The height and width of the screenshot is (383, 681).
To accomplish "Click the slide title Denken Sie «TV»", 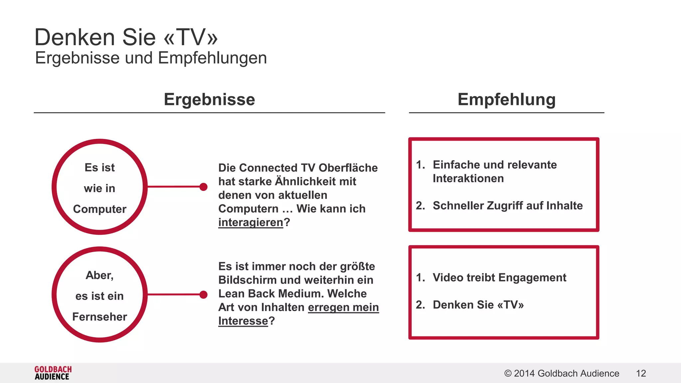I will [126, 37].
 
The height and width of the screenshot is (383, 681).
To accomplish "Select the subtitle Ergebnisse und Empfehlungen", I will [151, 58].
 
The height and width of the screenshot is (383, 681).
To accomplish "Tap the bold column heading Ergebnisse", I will [209, 99].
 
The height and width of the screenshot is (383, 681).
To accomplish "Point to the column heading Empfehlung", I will [506, 99].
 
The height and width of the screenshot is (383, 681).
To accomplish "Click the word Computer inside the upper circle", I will [100, 209].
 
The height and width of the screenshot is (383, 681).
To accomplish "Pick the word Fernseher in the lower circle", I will [100, 317].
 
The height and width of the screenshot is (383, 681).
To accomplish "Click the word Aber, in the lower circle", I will [100, 275].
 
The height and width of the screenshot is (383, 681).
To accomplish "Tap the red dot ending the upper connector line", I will [204, 187].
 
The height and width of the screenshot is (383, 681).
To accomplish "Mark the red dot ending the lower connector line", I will [204, 295].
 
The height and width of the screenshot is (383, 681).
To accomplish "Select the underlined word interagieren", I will [250, 222].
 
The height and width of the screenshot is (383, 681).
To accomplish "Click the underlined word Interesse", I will [243, 321].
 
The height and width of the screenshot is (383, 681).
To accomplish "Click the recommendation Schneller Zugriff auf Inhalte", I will [507, 206].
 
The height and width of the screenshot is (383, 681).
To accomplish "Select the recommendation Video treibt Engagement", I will [499, 278].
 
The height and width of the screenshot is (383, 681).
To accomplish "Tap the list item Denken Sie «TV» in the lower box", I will [478, 305].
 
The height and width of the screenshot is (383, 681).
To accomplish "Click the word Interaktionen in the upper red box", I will [468, 179].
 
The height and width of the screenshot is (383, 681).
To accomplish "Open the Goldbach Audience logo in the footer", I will [53, 373].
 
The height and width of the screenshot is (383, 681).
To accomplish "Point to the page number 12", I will [641, 373].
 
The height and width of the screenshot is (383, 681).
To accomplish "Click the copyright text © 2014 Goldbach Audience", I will [562, 373].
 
